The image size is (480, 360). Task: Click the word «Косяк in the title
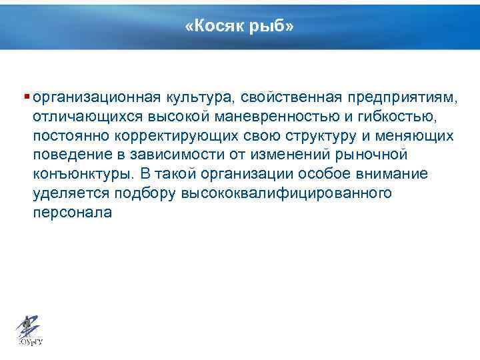pyautogui.click(x=216, y=27)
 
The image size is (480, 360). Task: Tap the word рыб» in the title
pyautogui.click(x=271, y=27)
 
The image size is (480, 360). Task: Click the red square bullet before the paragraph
pyautogui.click(x=26, y=97)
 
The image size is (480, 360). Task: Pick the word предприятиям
pyautogui.click(x=403, y=98)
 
